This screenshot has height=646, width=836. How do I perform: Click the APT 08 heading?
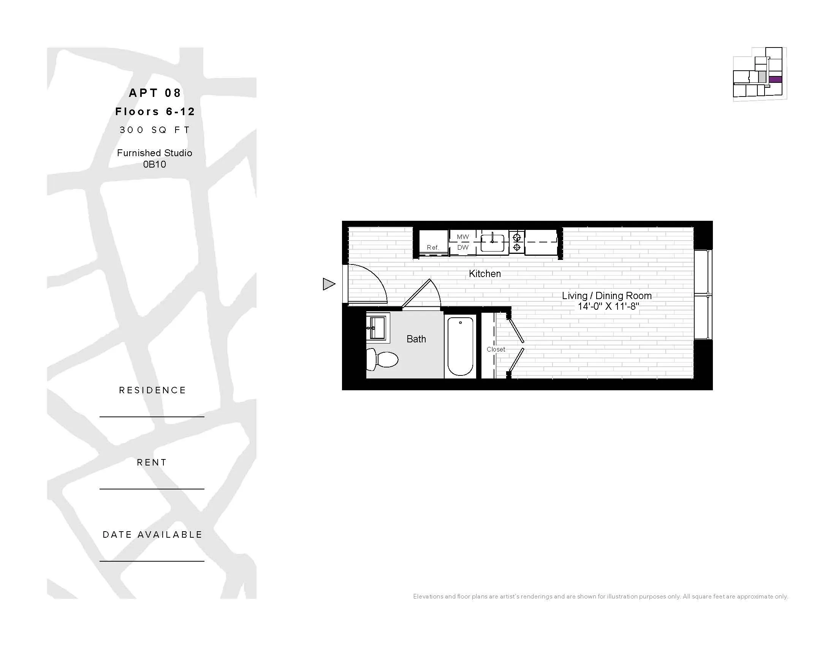tap(155, 93)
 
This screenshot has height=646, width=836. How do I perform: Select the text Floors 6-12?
tap(155, 112)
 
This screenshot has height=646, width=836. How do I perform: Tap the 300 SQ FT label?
tap(155, 130)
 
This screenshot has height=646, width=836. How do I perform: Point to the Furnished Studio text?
tap(154, 153)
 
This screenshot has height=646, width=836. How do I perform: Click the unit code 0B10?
tap(154, 165)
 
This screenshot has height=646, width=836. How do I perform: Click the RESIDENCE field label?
tap(152, 390)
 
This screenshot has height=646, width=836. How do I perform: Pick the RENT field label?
tap(152, 463)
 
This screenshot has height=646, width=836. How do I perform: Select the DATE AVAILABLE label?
tap(152, 535)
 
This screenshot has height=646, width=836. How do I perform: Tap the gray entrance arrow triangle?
tap(328, 284)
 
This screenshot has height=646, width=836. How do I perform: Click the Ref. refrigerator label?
tap(432, 248)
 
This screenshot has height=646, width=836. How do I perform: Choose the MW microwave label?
tap(463, 237)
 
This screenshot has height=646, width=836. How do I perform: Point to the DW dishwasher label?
tap(463, 248)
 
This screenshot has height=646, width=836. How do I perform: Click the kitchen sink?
tap(492, 242)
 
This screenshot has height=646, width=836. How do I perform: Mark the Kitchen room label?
tap(484, 274)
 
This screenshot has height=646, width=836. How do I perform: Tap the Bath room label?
tap(416, 339)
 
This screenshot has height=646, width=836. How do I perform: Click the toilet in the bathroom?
tap(383, 360)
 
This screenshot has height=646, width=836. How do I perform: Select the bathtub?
tap(460, 346)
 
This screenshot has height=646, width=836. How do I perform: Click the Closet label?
tap(496, 349)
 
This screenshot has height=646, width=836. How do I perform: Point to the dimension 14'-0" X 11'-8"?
tap(608, 307)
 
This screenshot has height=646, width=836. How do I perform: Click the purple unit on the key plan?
tap(775, 79)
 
